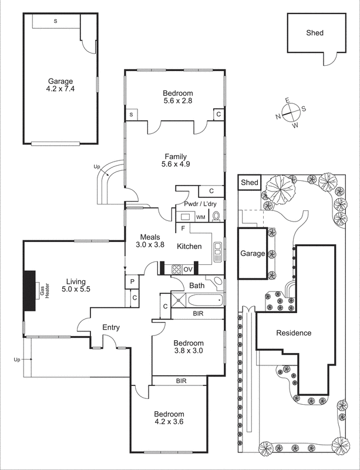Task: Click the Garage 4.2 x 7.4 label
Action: tap(60, 86)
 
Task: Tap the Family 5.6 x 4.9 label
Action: tap(176, 160)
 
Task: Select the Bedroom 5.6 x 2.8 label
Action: tap(177, 97)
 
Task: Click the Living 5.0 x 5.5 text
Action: tap(76, 285)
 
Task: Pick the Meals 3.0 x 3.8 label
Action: tap(149, 241)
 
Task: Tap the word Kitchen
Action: tap(190, 247)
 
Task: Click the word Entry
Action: tap(112, 327)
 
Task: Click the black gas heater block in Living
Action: tap(29, 285)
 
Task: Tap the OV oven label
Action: tap(189, 270)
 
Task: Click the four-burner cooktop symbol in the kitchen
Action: tap(176, 270)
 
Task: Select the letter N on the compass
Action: tap(278, 116)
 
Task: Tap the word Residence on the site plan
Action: tap(294, 333)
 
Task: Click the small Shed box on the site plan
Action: tap(250, 183)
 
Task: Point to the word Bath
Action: tap(196, 286)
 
